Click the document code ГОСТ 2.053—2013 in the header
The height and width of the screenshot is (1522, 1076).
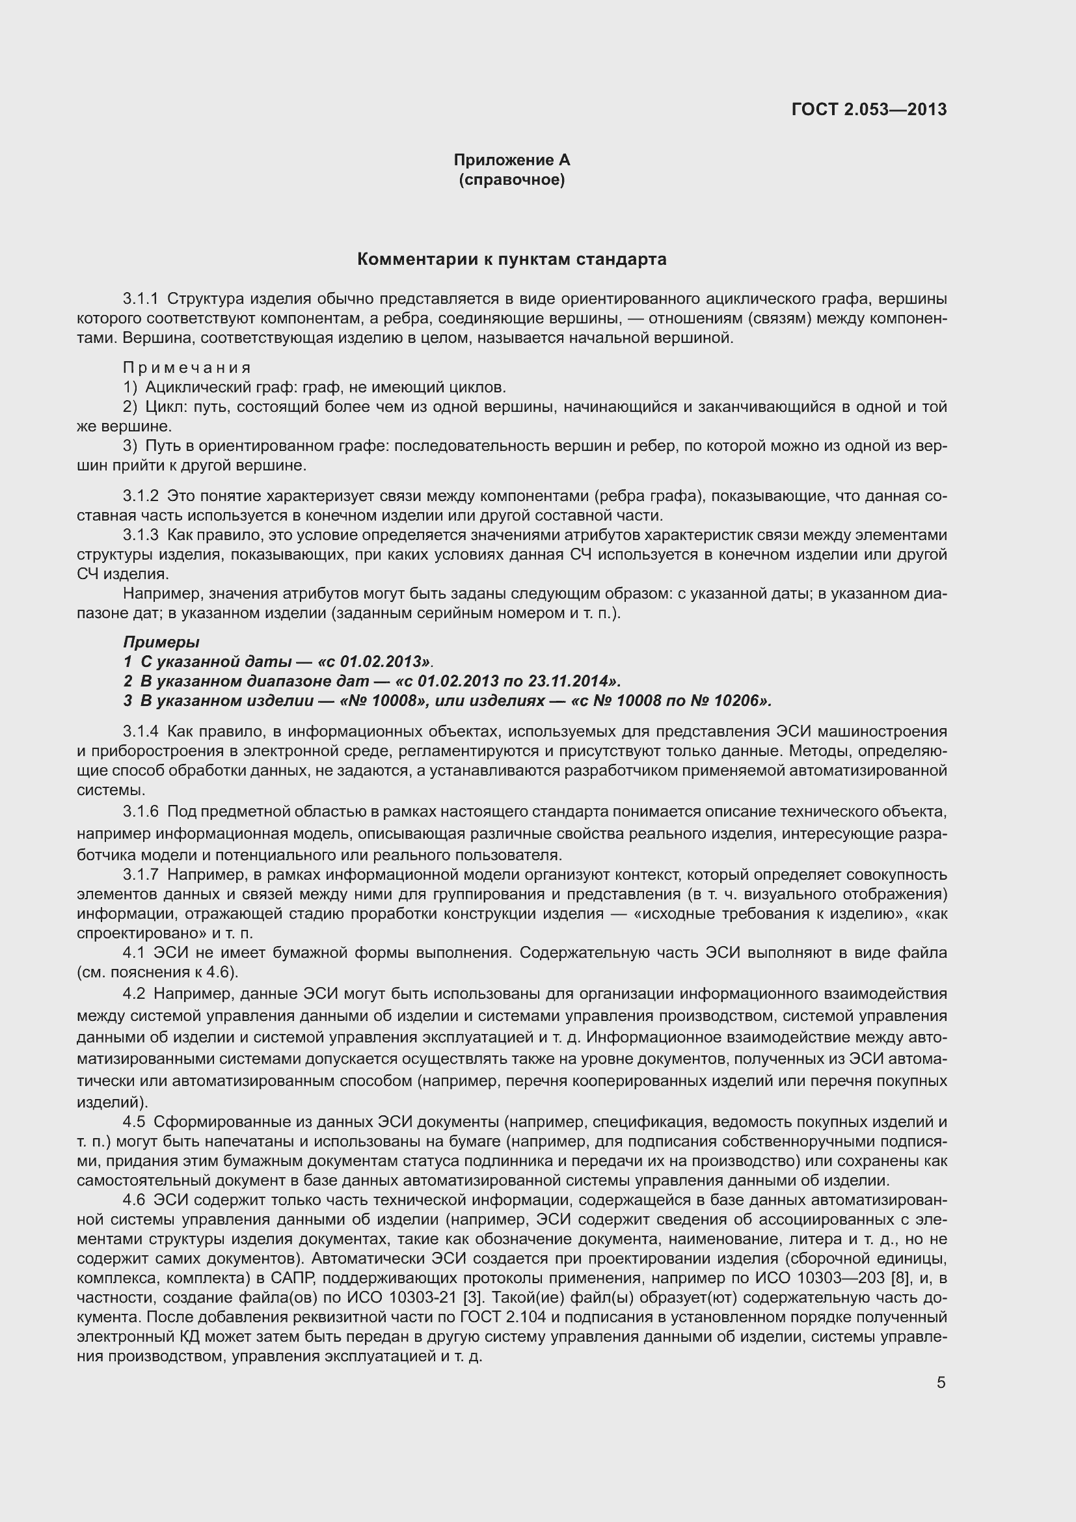[x=868, y=109]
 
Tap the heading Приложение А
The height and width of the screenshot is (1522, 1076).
[x=511, y=160]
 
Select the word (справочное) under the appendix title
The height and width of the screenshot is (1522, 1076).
[x=511, y=180]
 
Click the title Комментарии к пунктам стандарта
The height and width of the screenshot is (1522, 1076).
[x=511, y=259]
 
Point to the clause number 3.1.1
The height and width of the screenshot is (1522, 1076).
[x=141, y=299]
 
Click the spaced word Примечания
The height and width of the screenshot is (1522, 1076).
[x=187, y=367]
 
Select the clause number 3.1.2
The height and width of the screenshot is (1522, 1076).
[x=141, y=496]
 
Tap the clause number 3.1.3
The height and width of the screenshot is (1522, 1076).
[x=141, y=535]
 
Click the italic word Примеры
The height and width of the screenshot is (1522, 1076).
[x=161, y=642]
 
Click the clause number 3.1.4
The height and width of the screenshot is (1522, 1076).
[x=141, y=731]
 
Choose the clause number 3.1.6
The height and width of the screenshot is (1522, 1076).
[x=141, y=811]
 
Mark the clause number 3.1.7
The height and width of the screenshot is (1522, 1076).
[x=141, y=875]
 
